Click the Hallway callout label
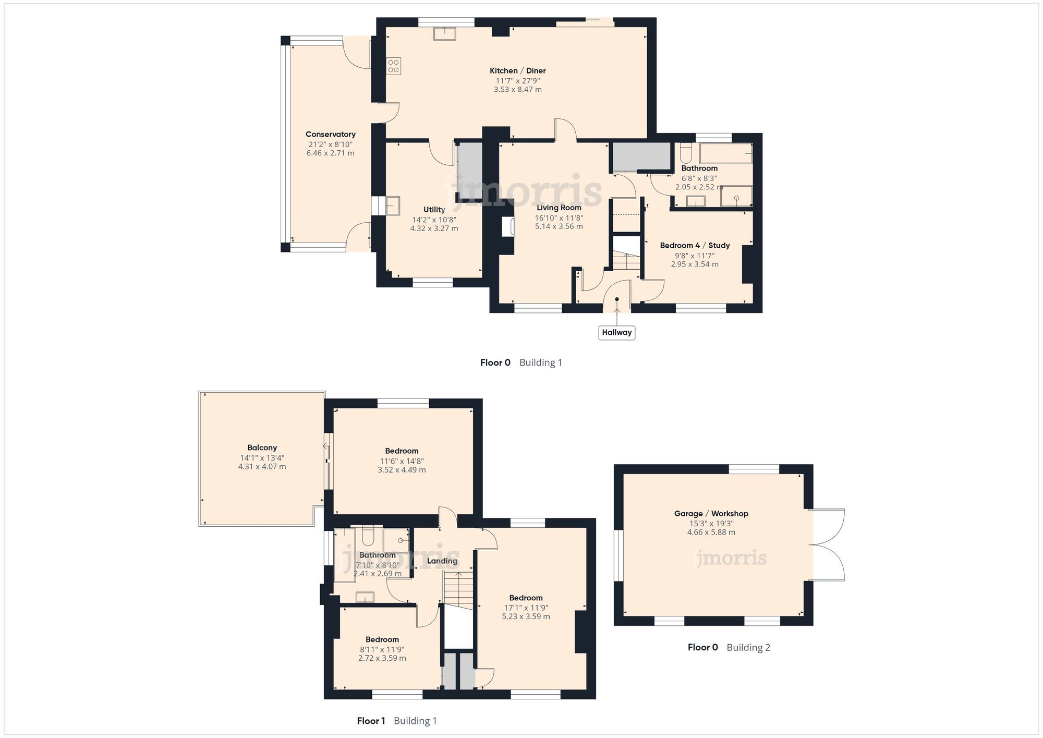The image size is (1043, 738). click(616, 332)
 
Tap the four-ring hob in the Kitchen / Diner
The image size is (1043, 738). click(393, 66)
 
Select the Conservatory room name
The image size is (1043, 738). click(330, 134)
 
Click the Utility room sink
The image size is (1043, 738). click(392, 205)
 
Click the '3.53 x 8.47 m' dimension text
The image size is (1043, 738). click(517, 90)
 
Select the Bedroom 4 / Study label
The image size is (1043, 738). click(695, 245)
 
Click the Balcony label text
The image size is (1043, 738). click(262, 447)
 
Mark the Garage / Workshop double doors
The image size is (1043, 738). click(827, 545)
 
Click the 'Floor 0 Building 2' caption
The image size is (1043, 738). click(729, 647)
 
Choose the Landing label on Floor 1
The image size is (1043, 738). click(442, 561)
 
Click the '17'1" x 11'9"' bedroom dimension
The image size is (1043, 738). click(526, 608)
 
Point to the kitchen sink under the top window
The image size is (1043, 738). click(444, 34)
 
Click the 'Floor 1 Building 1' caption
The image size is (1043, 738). click(396, 721)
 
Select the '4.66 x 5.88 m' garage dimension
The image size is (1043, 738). click(711, 533)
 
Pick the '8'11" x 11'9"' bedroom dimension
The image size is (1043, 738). click(382, 649)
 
